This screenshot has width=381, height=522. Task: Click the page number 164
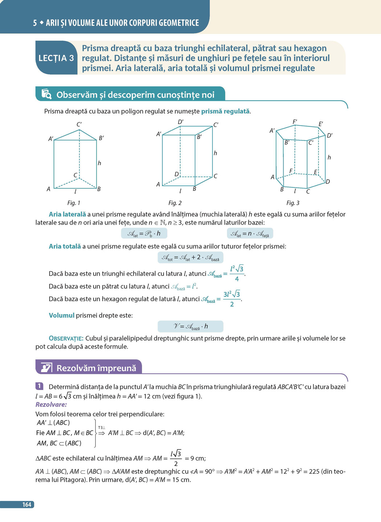[27, 505]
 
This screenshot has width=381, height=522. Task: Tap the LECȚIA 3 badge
[56, 58]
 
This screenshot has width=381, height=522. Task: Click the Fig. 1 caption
[74, 203]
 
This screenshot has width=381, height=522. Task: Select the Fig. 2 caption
[175, 203]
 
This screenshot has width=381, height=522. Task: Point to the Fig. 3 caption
[293, 203]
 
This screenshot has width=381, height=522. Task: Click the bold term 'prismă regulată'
[225, 111]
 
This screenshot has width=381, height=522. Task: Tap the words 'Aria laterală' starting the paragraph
[67, 214]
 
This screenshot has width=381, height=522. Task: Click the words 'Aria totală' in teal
[65, 246]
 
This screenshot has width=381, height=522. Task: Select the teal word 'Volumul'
[61, 316]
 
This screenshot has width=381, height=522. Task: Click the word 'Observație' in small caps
[66, 338]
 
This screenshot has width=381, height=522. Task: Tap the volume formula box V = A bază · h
[190, 326]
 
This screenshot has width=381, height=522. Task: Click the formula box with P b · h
[144, 234]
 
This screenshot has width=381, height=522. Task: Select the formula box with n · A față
[250, 234]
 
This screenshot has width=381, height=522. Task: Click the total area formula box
[190, 258]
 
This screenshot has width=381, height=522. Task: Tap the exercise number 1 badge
[39, 386]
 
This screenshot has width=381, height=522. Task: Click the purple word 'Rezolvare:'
[51, 404]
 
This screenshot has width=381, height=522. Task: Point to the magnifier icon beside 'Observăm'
[46, 94]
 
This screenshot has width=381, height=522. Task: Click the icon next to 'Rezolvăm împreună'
[46, 367]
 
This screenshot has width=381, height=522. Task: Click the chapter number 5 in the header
[35, 23]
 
